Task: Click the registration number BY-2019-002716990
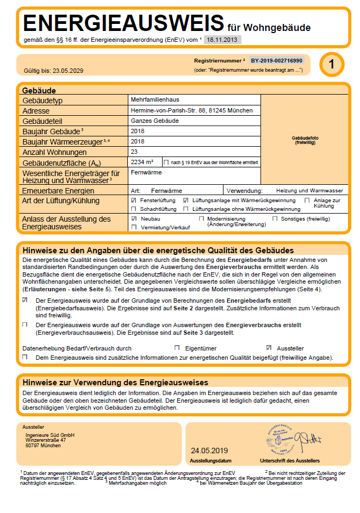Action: [276, 61]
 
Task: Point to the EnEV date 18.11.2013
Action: [222, 40]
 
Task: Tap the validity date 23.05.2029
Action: [69, 71]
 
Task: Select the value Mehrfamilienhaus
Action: [155, 100]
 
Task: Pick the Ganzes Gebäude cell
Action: [154, 121]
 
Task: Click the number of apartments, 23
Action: [135, 152]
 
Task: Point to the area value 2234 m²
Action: [142, 162]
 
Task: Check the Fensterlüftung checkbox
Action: [134, 201]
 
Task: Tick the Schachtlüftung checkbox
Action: [134, 209]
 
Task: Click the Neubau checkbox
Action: [134, 218]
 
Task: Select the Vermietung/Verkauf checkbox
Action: [134, 227]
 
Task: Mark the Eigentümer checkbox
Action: [177, 348]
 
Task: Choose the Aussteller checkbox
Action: [269, 348]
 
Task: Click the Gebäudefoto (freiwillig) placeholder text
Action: [305, 140]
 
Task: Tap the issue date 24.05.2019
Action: [210, 451]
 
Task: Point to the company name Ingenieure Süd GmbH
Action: [50, 435]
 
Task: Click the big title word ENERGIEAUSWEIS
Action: [123, 23]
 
